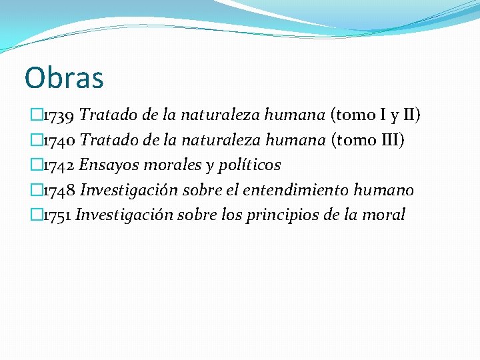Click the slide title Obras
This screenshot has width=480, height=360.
tap(64, 77)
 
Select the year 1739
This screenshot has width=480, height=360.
tap(59, 115)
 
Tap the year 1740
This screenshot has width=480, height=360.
tap(59, 140)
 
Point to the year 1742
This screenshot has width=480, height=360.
tap(59, 165)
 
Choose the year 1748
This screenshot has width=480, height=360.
tap(59, 190)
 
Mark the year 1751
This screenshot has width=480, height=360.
tap(57, 215)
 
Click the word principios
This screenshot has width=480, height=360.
tap(303, 215)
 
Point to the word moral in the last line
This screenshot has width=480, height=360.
tap(385, 215)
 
